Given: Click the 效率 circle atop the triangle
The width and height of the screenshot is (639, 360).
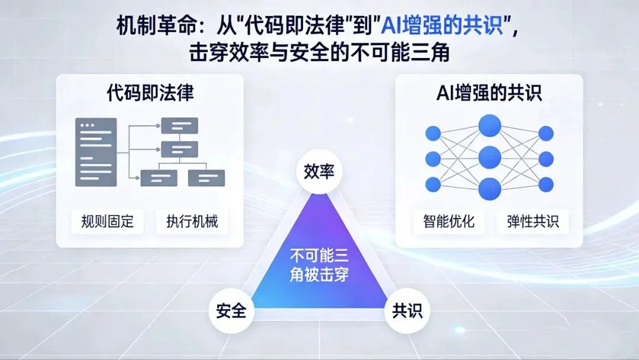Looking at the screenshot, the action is pos(319,172).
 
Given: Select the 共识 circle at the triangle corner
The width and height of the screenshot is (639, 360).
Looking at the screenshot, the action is pos(408,310).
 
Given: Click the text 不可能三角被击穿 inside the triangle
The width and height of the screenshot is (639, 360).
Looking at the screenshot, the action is pos(319,265).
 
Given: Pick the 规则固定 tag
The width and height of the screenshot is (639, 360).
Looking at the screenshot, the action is pos(108,221).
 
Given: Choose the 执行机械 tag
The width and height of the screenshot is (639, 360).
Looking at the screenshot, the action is pos(192,221).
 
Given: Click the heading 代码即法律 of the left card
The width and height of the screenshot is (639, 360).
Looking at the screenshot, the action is pos(150,93).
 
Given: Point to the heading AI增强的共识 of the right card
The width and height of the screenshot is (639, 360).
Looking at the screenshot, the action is pos(488,93).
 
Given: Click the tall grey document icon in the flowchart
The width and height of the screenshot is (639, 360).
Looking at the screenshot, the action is pos(96,152).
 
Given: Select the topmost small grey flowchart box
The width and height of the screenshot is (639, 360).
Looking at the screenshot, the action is pos(180,126).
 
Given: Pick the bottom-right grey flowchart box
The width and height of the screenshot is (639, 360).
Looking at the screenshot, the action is pos(206,177).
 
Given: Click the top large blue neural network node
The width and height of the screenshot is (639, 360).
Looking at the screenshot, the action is pos(489,126).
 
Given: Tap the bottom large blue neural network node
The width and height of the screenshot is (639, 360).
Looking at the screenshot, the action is pos(489,188).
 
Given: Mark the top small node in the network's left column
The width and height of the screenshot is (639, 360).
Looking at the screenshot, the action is pos(433,133).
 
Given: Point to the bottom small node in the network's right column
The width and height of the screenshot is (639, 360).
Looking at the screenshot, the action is pos(546,184).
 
